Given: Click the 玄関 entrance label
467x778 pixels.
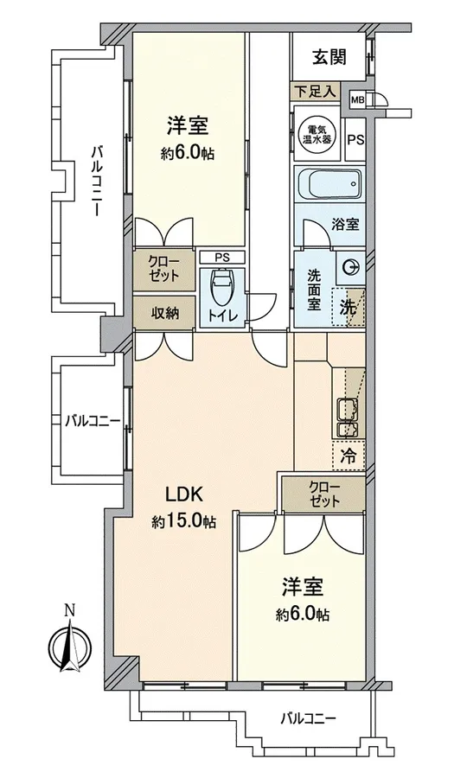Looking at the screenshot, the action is coord(329,58).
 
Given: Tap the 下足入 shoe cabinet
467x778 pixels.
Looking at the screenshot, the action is coord(315,92).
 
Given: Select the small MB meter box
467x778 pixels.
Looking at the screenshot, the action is coord(357,99).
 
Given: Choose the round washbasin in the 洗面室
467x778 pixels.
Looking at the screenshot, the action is coord(351,268).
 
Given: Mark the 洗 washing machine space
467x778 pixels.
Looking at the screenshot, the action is coord(349,308).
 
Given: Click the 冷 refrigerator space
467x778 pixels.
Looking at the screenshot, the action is coord(349,456).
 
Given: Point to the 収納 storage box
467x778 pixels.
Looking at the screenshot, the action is coord(163,313).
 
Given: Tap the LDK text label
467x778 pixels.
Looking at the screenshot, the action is coord(184,494).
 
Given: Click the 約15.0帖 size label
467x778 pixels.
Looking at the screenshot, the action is coord(184,521).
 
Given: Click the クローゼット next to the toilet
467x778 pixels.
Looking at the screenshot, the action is coord(163,269).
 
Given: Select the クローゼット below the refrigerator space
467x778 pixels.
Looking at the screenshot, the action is coord(324,494).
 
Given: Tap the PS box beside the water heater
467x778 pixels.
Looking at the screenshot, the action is coord(355,140).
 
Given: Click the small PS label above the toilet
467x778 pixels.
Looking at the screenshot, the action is coord(222,258).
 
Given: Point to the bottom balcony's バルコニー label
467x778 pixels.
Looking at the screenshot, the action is coord(308,718).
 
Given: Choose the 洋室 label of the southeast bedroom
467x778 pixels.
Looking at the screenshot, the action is coord(303,586).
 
